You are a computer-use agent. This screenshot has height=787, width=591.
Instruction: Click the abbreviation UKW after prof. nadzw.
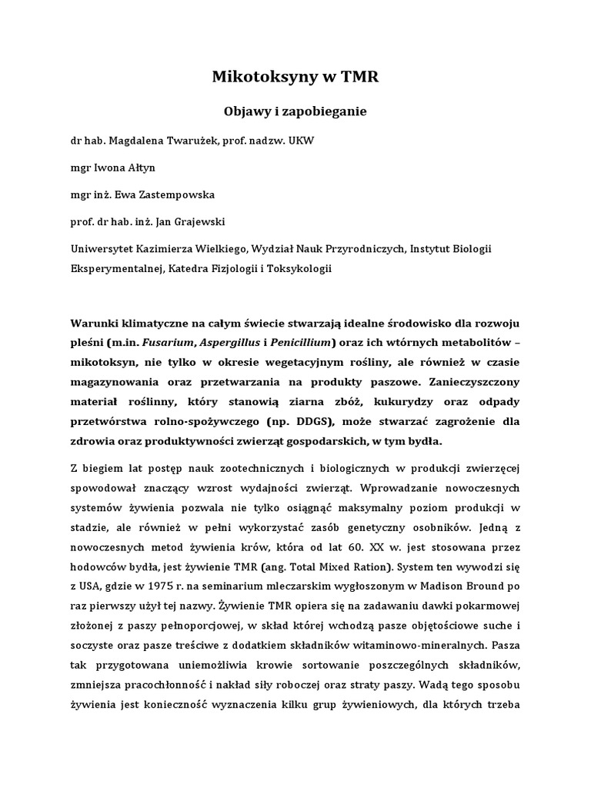[x=300, y=141]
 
